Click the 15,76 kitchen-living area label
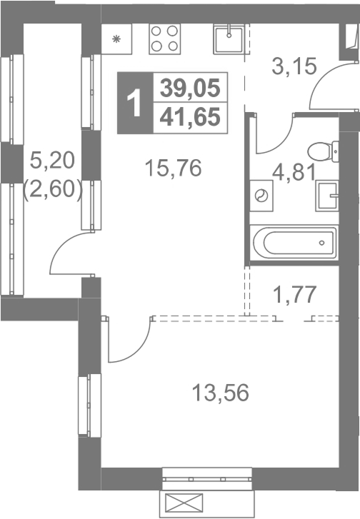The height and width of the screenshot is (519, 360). coord(173,168)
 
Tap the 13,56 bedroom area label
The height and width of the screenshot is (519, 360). coord(221,393)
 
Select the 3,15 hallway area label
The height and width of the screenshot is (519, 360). coord(294,66)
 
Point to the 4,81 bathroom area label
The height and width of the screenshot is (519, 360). coord(294,173)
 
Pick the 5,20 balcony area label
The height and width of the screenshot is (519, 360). coord(52,162)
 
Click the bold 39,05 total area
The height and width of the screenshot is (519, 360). coord(190,89)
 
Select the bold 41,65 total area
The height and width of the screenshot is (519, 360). coord(190,117)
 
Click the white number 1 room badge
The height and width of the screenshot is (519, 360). coord(136,103)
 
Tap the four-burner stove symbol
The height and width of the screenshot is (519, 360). coord(164,39)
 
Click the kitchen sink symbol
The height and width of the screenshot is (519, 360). coord(229,40)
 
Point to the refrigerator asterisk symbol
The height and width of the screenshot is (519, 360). coord(116,39)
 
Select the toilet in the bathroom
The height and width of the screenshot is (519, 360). coord(324,151)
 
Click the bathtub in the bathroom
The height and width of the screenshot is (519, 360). coord(294,243)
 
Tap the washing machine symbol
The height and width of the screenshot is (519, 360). coord(261,196)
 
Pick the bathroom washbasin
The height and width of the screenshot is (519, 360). coord(327,196)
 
